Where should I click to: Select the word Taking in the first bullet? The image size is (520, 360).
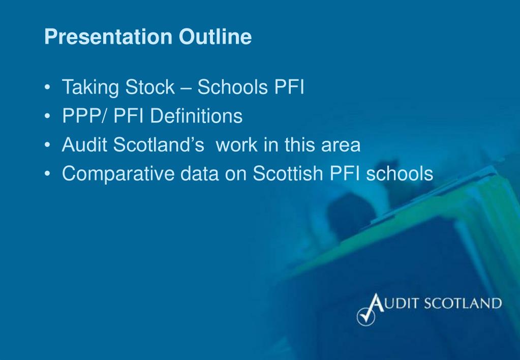(x=90, y=88)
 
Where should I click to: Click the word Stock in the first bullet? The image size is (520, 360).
(x=149, y=87)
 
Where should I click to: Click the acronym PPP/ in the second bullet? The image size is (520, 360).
(x=85, y=116)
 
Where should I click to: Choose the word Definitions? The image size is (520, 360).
(x=197, y=116)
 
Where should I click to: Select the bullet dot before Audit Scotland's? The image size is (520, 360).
(x=47, y=146)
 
